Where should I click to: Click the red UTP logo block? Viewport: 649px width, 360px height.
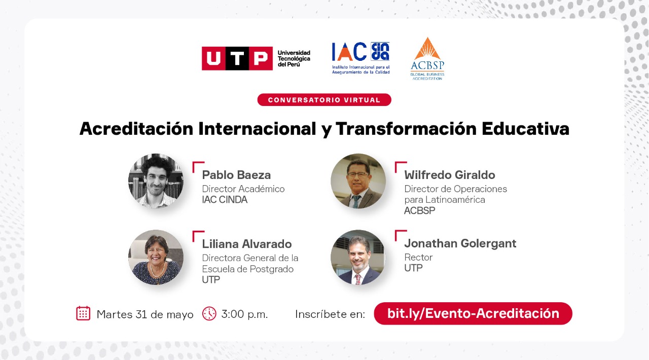coord(237,58)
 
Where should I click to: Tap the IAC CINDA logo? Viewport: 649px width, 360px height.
coord(360,58)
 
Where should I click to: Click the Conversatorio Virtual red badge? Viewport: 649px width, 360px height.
coord(324,100)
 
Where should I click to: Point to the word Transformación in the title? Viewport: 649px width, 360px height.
coord(406,128)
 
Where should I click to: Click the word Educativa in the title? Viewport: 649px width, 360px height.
coord(526,128)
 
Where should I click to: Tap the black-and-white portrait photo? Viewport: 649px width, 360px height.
coord(156,181)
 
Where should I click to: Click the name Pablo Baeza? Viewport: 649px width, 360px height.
coord(236,175)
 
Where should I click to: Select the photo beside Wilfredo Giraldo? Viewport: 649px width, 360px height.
coord(358,181)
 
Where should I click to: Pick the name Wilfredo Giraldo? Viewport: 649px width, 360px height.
coord(450,175)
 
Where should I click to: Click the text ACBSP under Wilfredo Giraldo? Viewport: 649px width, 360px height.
coord(419,210)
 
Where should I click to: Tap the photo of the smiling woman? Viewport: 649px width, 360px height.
coord(156,257)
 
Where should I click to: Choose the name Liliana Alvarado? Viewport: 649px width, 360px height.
coord(247,244)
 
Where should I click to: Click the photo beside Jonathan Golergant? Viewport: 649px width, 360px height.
coord(358,257)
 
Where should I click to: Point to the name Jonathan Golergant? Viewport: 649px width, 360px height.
coord(460,243)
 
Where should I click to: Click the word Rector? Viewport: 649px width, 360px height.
coord(418,257)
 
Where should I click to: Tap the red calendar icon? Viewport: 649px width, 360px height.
coord(83,313)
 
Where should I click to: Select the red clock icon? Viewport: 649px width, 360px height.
coord(209,313)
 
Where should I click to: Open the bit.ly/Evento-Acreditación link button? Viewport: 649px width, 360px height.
coord(473,313)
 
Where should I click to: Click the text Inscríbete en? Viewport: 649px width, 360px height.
coord(330,314)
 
